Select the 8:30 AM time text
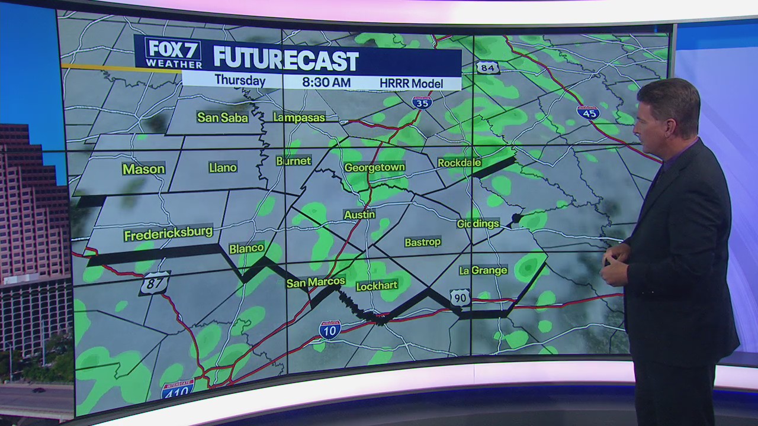326,82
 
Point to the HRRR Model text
411,83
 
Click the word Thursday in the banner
240,80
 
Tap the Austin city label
359,214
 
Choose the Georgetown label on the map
374,167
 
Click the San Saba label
222,117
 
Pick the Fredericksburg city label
168,234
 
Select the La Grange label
483,270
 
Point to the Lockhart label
377,286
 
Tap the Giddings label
478,224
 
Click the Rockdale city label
460,162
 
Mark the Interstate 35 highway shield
422,101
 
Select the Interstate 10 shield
330,330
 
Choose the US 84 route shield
487,67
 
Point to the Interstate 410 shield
178,389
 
